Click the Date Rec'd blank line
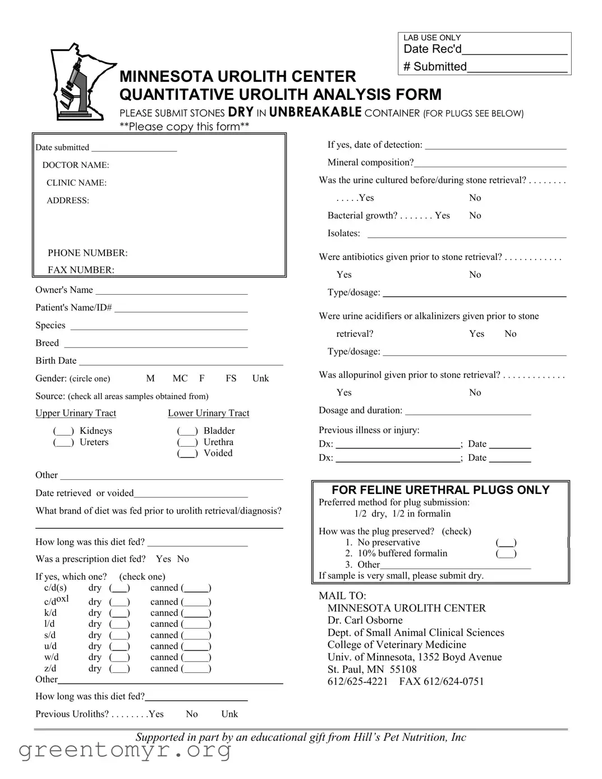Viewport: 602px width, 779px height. tap(514, 51)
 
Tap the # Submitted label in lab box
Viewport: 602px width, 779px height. tap(435, 67)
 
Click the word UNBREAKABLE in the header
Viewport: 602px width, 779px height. tap(315, 112)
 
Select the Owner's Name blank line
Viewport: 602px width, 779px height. tap(171, 291)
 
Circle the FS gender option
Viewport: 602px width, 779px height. tap(231, 378)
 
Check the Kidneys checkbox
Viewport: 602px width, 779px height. tap(63, 431)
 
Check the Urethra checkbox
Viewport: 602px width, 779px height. tap(187, 442)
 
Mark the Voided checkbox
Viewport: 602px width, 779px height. tap(187, 453)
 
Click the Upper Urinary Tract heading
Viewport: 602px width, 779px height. tap(76, 413)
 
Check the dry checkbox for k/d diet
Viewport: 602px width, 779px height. tap(119, 613)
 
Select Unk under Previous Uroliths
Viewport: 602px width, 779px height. tap(229, 714)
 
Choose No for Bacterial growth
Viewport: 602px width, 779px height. tap(475, 216)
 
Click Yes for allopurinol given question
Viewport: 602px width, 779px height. tap(344, 392)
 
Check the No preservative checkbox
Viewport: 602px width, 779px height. tap(506, 543)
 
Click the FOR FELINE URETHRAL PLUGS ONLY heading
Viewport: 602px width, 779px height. tap(440, 490)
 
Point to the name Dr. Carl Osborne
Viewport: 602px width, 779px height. tap(365, 620)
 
